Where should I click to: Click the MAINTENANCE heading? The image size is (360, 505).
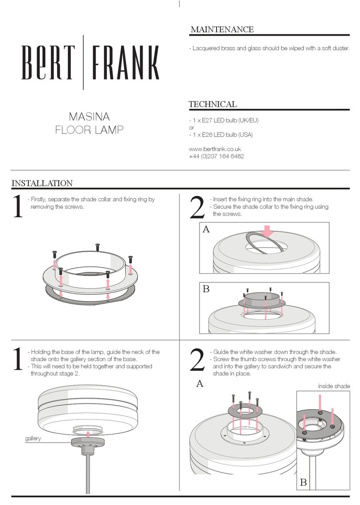pos(222,29)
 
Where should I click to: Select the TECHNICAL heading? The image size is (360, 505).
pos(213,104)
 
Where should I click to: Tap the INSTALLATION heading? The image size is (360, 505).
pos(42,183)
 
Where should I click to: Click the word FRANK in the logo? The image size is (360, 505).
pos(125,62)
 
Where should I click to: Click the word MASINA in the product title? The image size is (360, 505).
pos(89,117)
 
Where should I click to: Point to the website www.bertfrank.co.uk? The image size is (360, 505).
pos(215,149)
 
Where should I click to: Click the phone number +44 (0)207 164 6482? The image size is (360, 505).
pos(216,156)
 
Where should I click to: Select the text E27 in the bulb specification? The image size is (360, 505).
pos(207,120)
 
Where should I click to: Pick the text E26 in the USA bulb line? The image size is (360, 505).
pos(207,134)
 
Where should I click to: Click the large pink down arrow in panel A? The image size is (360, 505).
pos(267,232)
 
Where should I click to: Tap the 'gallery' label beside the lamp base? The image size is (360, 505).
pos(33,438)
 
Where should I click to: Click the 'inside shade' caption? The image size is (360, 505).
pos(334,386)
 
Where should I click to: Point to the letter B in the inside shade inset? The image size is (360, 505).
pos(303,482)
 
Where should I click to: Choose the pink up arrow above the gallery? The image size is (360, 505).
pos(88,434)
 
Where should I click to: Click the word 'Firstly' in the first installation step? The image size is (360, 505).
pos(39,200)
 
